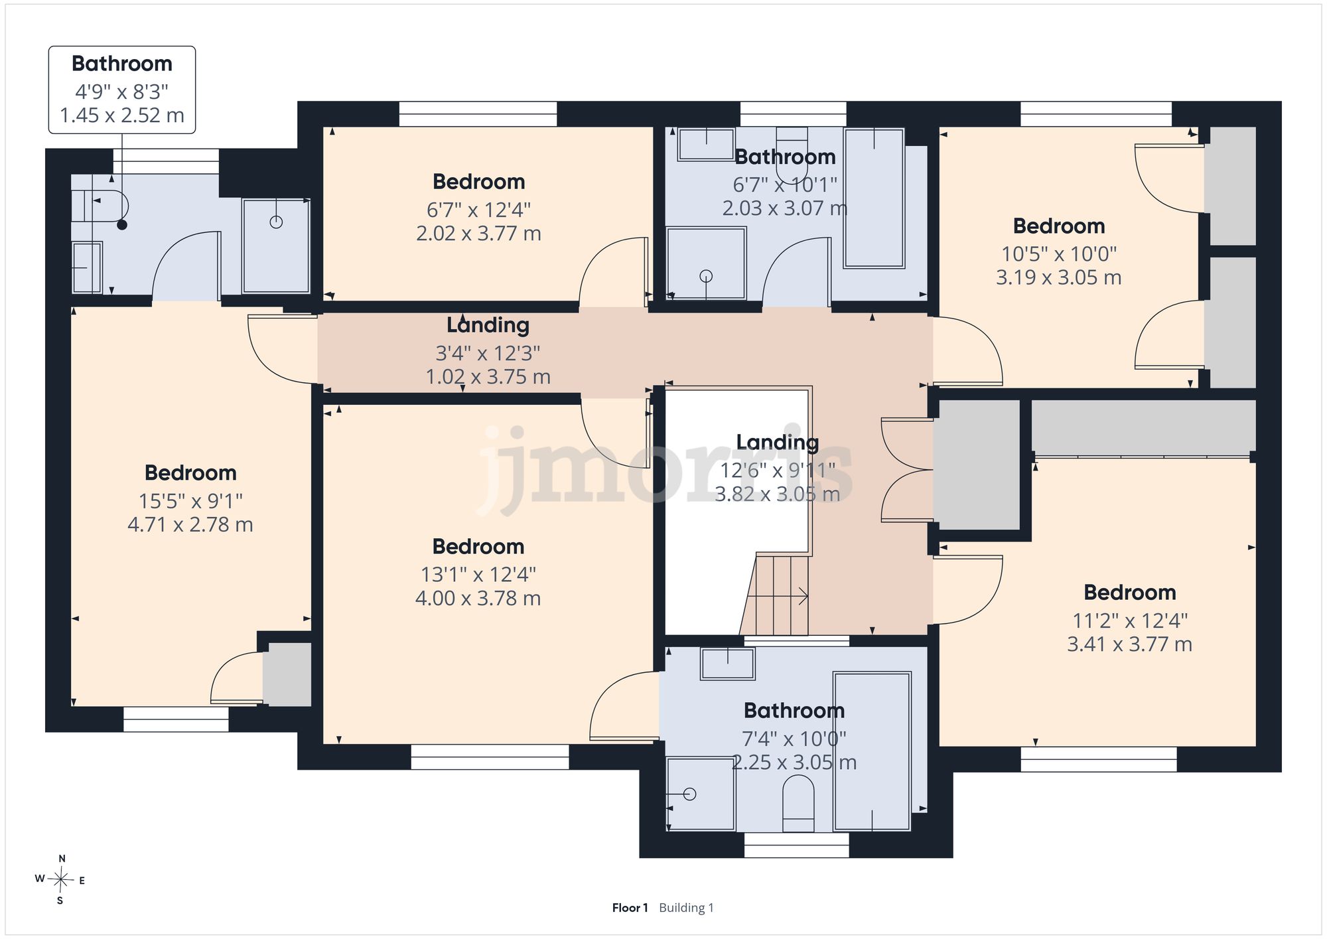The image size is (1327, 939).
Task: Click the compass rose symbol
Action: coord(60,880)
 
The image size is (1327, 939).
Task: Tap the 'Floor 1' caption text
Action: coord(630,908)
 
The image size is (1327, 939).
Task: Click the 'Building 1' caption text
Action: coord(686,908)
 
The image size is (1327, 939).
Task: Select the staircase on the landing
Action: coord(775,595)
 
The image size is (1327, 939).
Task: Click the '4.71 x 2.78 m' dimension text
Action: coord(190,525)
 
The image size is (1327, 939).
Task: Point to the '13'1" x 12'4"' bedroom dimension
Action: coord(478,574)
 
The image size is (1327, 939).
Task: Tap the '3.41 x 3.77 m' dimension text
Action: coord(1129,644)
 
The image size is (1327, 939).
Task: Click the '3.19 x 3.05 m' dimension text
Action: coord(1059,277)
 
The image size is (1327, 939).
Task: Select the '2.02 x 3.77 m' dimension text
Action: coord(478,234)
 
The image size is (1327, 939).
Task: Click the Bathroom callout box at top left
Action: coord(122,90)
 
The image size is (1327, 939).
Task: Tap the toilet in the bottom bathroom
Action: coord(798,805)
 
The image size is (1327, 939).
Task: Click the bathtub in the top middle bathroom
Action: coord(874,198)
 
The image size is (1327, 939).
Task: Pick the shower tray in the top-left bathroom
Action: coord(276,246)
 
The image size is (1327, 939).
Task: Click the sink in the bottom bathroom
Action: coord(728,664)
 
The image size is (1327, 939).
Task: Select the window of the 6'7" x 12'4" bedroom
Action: coord(478,113)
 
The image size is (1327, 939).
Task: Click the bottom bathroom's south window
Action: coord(796,845)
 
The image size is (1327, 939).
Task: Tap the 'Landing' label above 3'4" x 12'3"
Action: coord(488,325)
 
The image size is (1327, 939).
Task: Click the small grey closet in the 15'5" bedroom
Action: coord(287,674)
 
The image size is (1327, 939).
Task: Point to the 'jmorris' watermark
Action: coord(663,469)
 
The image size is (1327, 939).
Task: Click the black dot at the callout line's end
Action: coord(122,225)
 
